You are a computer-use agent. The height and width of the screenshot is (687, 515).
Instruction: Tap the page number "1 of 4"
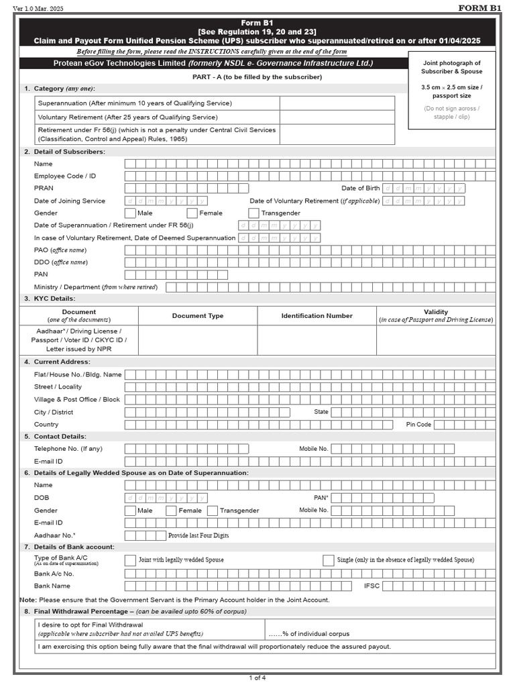pyautogui.click(x=257, y=678)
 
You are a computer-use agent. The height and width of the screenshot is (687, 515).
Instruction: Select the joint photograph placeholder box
pyautogui.click(x=451, y=90)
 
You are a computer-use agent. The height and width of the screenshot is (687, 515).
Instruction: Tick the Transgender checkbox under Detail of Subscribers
pyautogui.click(x=253, y=213)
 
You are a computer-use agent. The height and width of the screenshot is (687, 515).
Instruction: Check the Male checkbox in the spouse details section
pyautogui.click(x=130, y=511)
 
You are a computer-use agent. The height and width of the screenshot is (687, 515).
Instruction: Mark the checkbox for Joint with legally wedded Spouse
pyautogui.click(x=130, y=560)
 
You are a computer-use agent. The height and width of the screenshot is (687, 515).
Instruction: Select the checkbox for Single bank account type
pyautogui.click(x=329, y=560)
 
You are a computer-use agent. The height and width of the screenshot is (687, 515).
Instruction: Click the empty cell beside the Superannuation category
pyautogui.click(x=337, y=103)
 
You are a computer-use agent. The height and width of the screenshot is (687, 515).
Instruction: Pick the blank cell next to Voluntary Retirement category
pyautogui.click(x=337, y=117)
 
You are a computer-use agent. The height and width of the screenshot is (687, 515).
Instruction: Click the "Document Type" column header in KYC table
pyautogui.click(x=198, y=316)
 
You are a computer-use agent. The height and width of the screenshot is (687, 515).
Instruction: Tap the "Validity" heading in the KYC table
pyautogui.click(x=436, y=312)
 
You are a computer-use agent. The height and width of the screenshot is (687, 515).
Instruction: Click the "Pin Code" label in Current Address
pyautogui.click(x=418, y=425)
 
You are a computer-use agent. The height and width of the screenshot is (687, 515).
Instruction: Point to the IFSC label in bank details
pyautogui.click(x=371, y=586)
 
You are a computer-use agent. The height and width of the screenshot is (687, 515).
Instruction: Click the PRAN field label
pyautogui.click(x=44, y=189)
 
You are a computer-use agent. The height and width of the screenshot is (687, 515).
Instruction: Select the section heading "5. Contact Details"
pyautogui.click(x=64, y=436)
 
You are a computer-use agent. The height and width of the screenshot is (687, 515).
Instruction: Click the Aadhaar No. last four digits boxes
pyautogui.click(x=145, y=535)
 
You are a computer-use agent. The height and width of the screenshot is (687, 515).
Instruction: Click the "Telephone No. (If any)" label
pyautogui.click(x=68, y=449)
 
